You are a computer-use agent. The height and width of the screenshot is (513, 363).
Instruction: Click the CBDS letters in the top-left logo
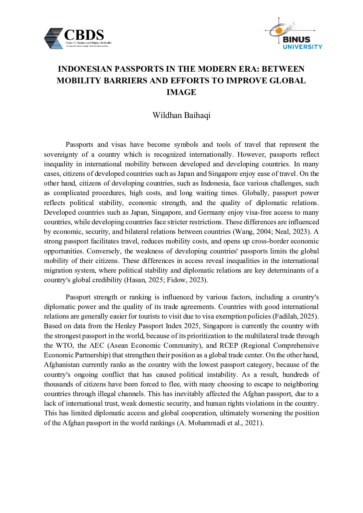point(84,35)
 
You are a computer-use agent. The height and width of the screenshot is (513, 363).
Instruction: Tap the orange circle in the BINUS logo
point(278,31)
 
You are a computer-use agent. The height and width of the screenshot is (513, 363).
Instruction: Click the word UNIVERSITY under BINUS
point(302,46)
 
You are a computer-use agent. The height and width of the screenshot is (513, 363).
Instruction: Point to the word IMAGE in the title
point(181,92)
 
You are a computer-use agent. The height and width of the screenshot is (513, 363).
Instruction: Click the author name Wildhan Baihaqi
point(181,115)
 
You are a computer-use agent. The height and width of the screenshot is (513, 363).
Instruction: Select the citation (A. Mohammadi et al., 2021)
point(220,423)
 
